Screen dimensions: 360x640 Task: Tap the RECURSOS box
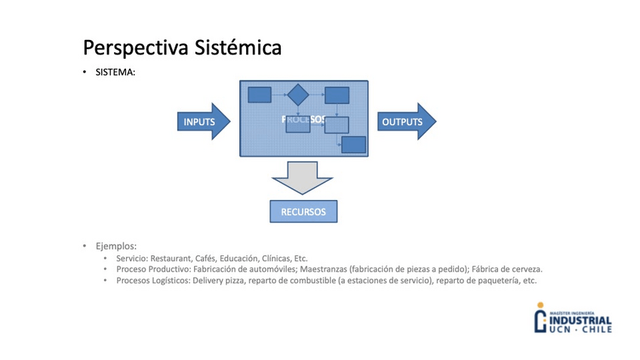[x=303, y=212]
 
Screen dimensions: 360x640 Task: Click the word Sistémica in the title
[x=238, y=48]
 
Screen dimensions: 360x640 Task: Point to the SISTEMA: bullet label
[x=115, y=73]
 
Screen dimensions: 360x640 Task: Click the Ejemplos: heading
[x=115, y=246]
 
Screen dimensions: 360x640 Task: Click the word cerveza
[x=523, y=269]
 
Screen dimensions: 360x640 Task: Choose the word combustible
[x=308, y=280]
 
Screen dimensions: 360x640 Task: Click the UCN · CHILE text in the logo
[x=580, y=330]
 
